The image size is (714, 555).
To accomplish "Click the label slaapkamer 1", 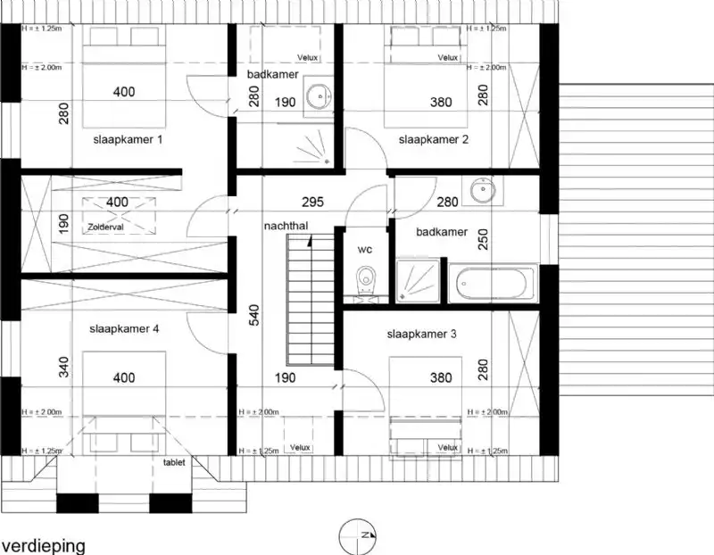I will [127, 140].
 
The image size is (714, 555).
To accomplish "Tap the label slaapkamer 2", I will [434, 140].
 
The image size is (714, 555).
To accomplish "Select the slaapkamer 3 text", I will [422, 335].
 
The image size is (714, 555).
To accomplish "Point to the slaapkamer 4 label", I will [124, 328].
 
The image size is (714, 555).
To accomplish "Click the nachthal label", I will [286, 227].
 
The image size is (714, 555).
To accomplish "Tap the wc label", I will [364, 251].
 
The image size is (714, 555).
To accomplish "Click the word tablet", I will [175, 463].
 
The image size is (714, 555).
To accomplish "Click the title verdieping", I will [43, 544].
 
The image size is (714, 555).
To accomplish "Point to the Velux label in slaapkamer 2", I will [447, 58].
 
